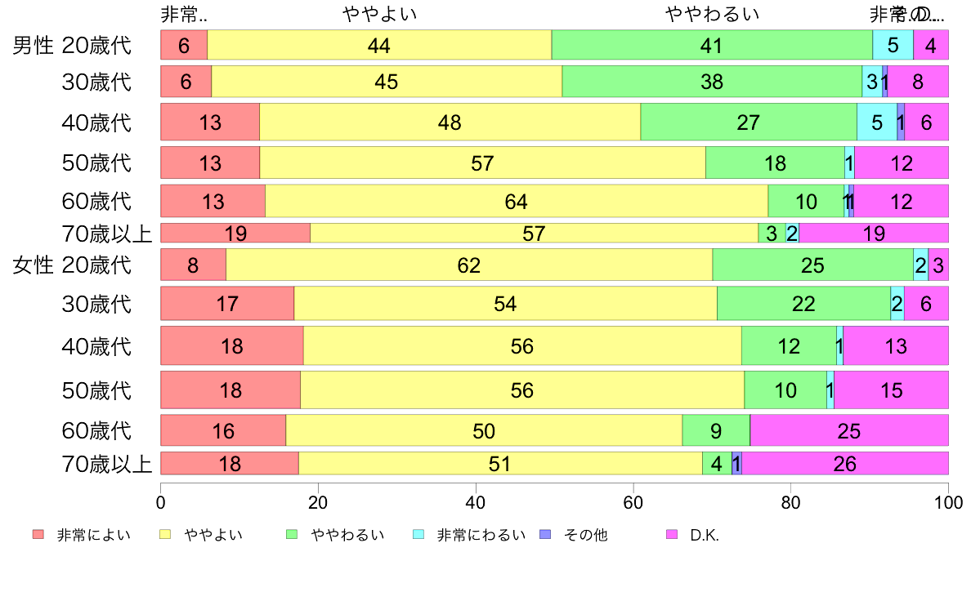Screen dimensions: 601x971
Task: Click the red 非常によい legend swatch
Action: [38, 535]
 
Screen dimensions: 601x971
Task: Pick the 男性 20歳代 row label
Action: [72, 45]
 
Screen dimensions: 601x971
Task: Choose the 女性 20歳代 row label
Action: [72, 265]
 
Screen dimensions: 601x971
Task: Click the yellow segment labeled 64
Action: [517, 202]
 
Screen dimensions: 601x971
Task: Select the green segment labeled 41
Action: [712, 45]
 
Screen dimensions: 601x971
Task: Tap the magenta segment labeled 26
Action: [845, 464]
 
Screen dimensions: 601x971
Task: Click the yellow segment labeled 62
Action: [469, 265]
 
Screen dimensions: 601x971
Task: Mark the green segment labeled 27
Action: [749, 122]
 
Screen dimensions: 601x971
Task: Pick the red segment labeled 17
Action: [227, 304]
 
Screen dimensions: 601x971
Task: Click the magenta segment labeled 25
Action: [849, 430]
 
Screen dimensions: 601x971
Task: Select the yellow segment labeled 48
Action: [450, 122]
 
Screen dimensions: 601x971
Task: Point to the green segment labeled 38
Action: [712, 82]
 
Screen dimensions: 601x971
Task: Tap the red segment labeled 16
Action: [223, 430]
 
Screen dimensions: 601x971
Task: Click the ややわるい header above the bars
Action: [712, 14]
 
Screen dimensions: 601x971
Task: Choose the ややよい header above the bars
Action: [379, 14]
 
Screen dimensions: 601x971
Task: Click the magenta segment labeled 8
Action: [918, 82]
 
